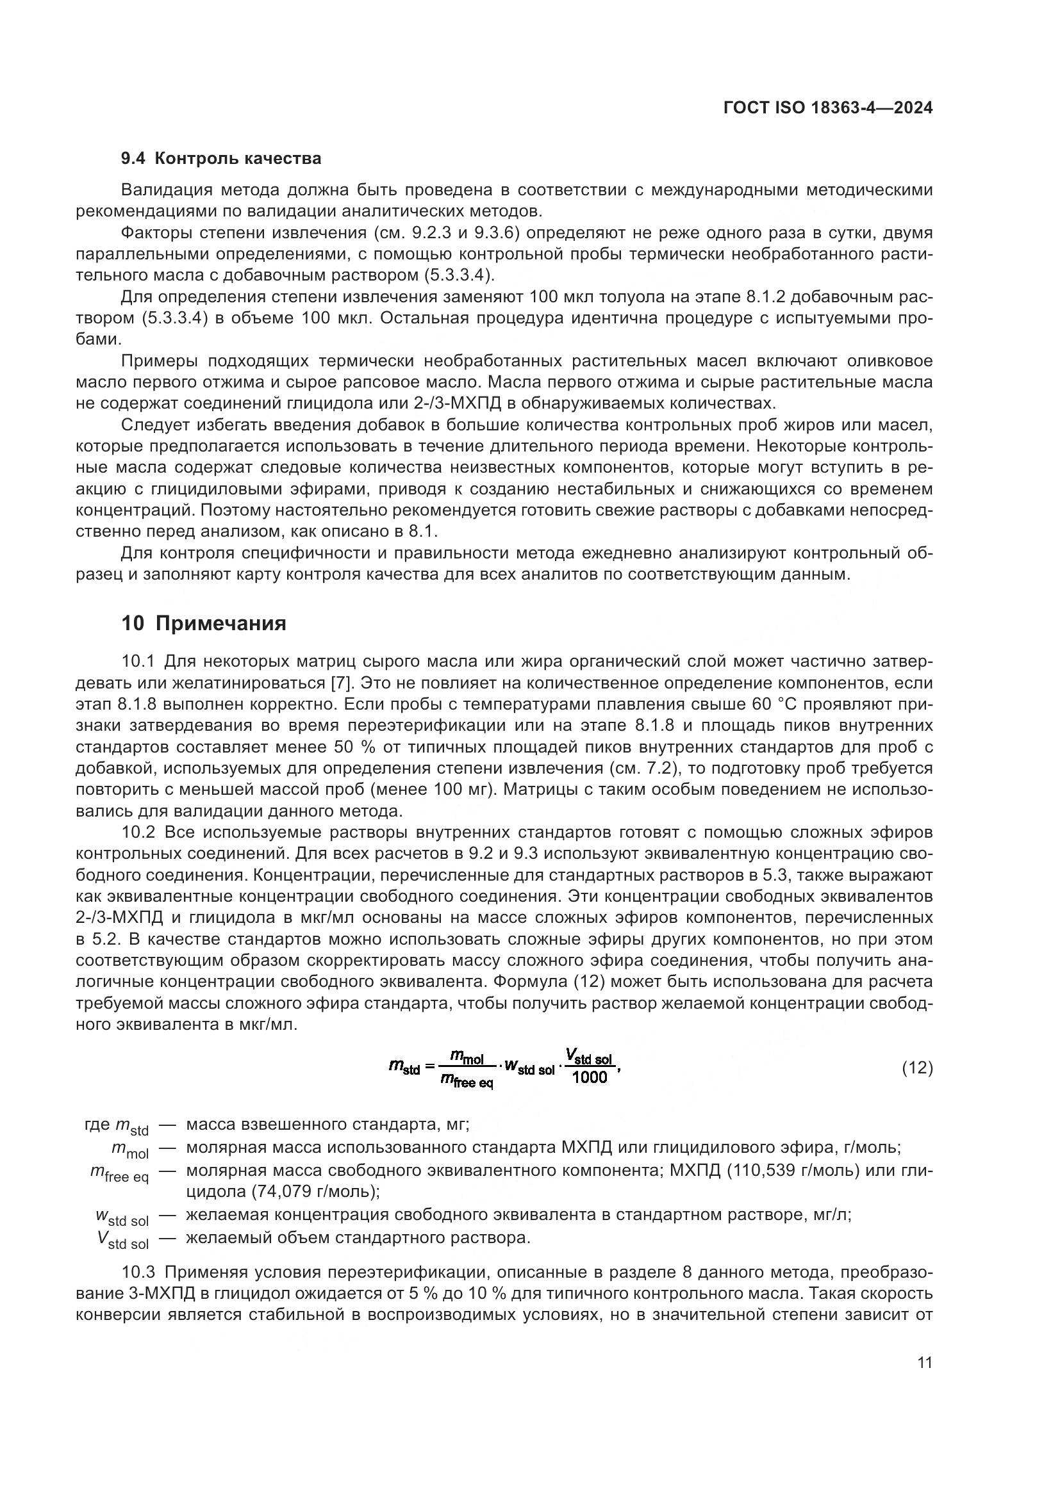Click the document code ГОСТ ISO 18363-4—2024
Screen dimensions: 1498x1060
[x=827, y=108]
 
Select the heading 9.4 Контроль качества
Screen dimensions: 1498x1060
[x=221, y=159]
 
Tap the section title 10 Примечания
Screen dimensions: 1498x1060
[x=204, y=623]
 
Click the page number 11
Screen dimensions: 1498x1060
[x=924, y=1363]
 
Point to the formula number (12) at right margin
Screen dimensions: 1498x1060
[x=917, y=1068]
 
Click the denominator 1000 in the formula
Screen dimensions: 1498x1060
[x=589, y=1077]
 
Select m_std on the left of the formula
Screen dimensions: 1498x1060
[x=404, y=1068]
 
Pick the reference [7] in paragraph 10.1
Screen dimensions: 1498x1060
[x=338, y=683]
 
